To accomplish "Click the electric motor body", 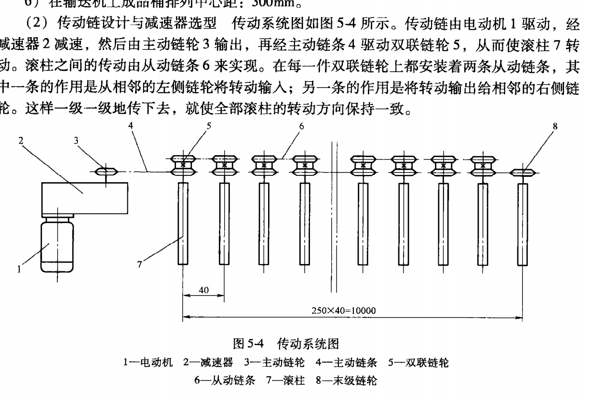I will [57, 244].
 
